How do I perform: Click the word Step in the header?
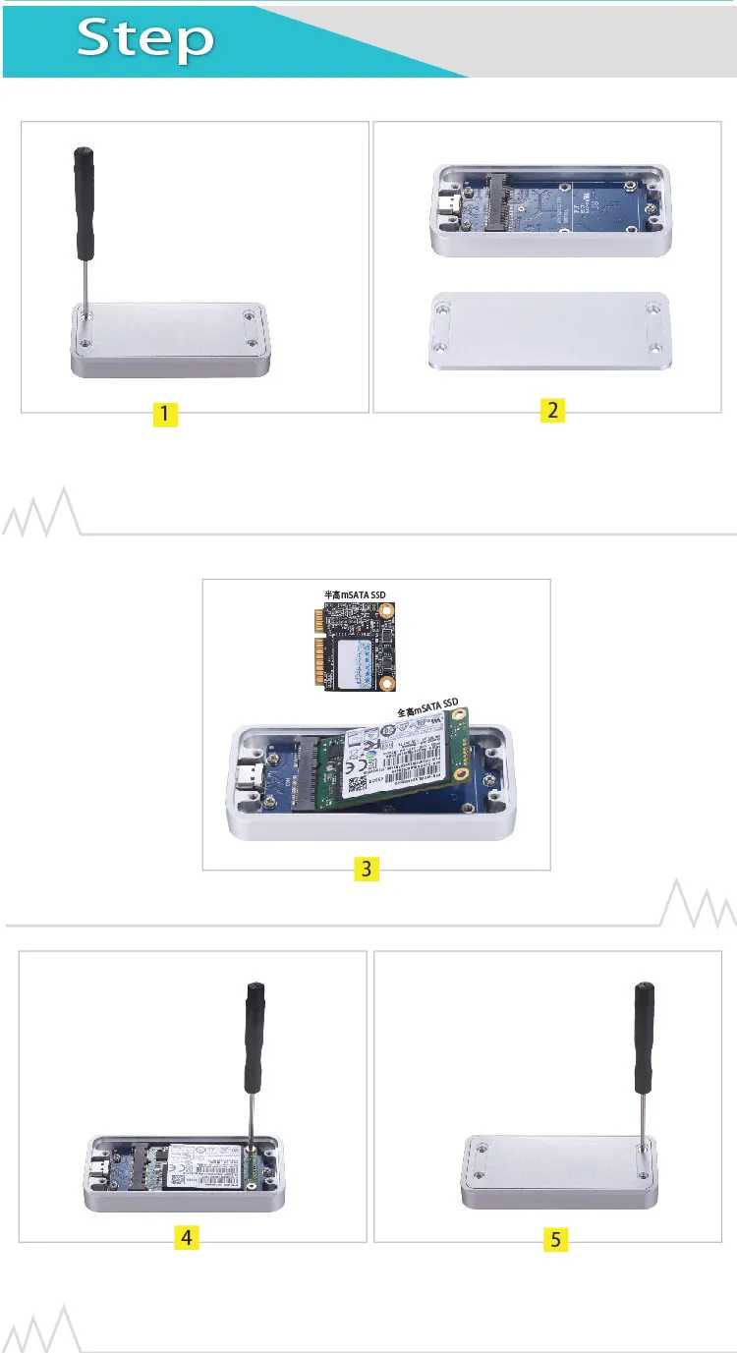coord(145,38)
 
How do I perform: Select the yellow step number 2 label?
coord(553,412)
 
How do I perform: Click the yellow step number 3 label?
coord(366,869)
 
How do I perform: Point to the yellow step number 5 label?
coord(556,1240)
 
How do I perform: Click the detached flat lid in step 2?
coord(549,332)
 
